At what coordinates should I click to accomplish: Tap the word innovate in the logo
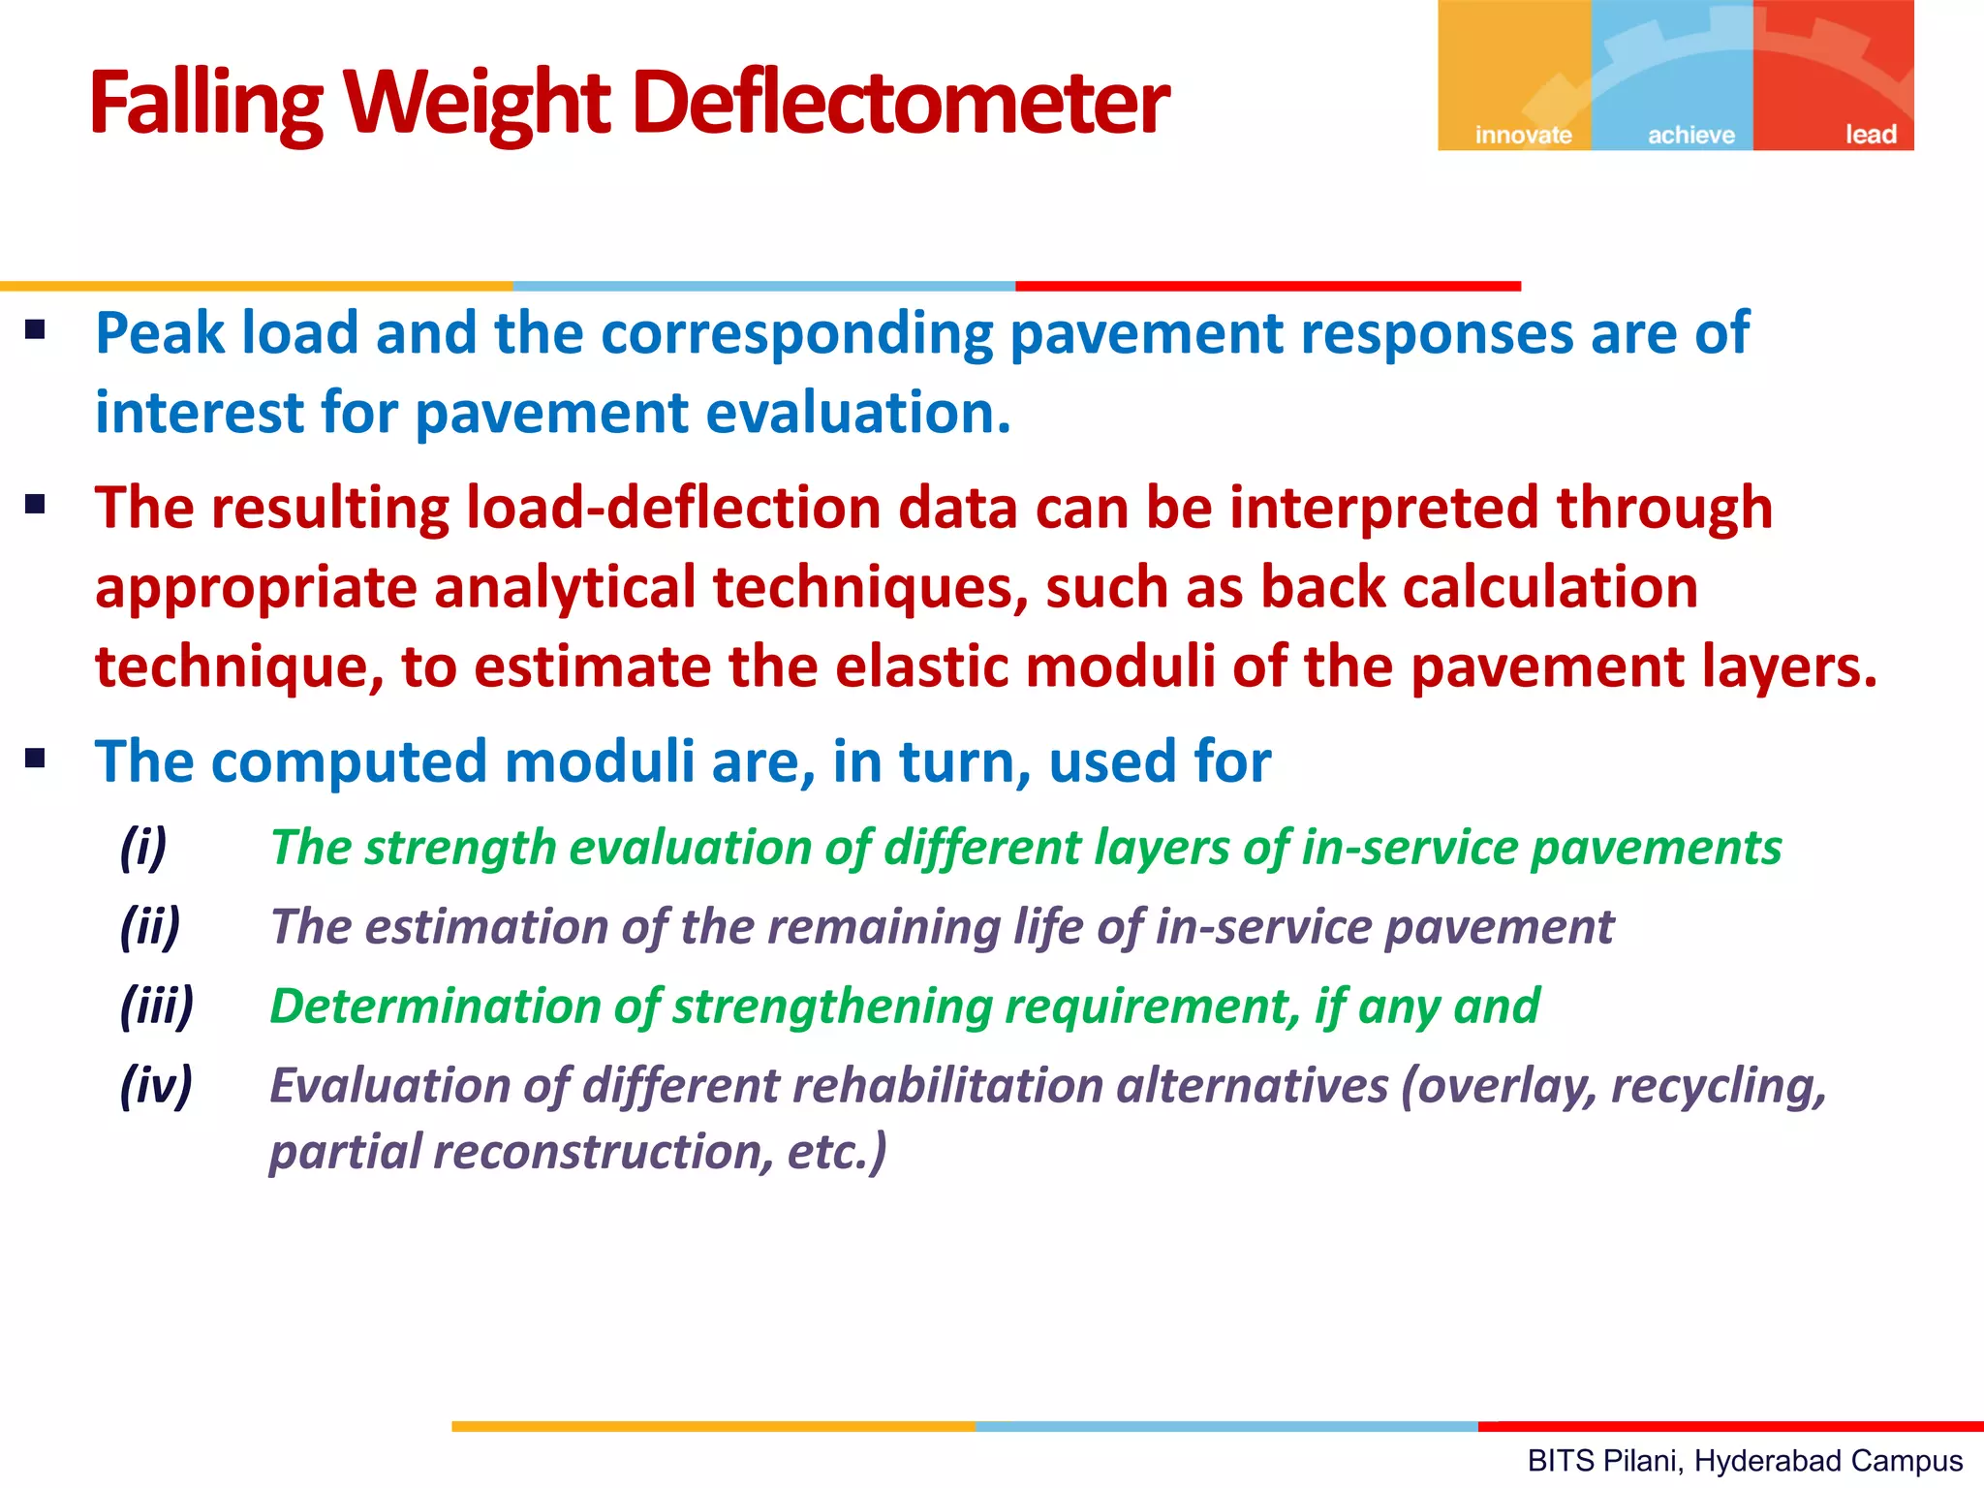coord(1523,135)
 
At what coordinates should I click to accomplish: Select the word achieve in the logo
coord(1691,135)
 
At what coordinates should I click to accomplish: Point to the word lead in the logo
coord(1870,135)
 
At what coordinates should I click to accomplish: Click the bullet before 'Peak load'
coord(36,331)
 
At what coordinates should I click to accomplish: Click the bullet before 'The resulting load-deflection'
coord(36,505)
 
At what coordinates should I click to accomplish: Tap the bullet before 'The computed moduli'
coord(36,759)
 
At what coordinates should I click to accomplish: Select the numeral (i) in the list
coord(143,848)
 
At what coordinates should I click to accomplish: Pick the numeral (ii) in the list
coord(150,927)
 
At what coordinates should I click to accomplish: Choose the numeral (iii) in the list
coord(157,1007)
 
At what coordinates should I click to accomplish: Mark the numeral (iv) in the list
coord(156,1085)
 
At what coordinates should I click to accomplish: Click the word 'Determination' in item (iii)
coord(434,1007)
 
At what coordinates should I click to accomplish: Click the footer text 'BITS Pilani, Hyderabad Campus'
coord(1745,1460)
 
